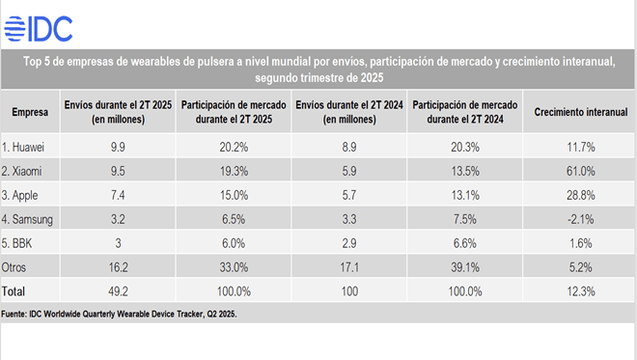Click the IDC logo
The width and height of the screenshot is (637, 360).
[39, 29]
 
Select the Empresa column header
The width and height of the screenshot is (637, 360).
[30, 112]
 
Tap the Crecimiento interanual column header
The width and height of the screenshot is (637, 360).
[580, 112]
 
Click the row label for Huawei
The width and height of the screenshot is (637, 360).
[23, 147]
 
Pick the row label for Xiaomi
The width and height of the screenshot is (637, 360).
[21, 171]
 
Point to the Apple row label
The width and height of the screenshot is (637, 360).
[19, 195]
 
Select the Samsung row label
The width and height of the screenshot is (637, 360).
[27, 219]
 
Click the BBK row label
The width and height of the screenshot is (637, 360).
[16, 243]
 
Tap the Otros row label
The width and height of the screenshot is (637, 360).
[14, 267]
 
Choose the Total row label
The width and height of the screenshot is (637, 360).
[14, 291]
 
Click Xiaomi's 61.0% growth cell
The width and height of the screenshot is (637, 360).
[580, 171]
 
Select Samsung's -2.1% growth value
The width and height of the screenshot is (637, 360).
[580, 219]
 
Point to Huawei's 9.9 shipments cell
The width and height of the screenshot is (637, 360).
[118, 147]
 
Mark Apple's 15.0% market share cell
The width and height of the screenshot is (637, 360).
[234, 195]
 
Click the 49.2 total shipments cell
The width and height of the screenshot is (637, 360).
[118, 291]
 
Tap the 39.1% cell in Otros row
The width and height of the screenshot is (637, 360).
[465, 267]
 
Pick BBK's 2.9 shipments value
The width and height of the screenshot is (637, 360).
[349, 243]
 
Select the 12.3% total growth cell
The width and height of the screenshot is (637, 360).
[580, 291]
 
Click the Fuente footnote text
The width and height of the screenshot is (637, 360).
[119, 314]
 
